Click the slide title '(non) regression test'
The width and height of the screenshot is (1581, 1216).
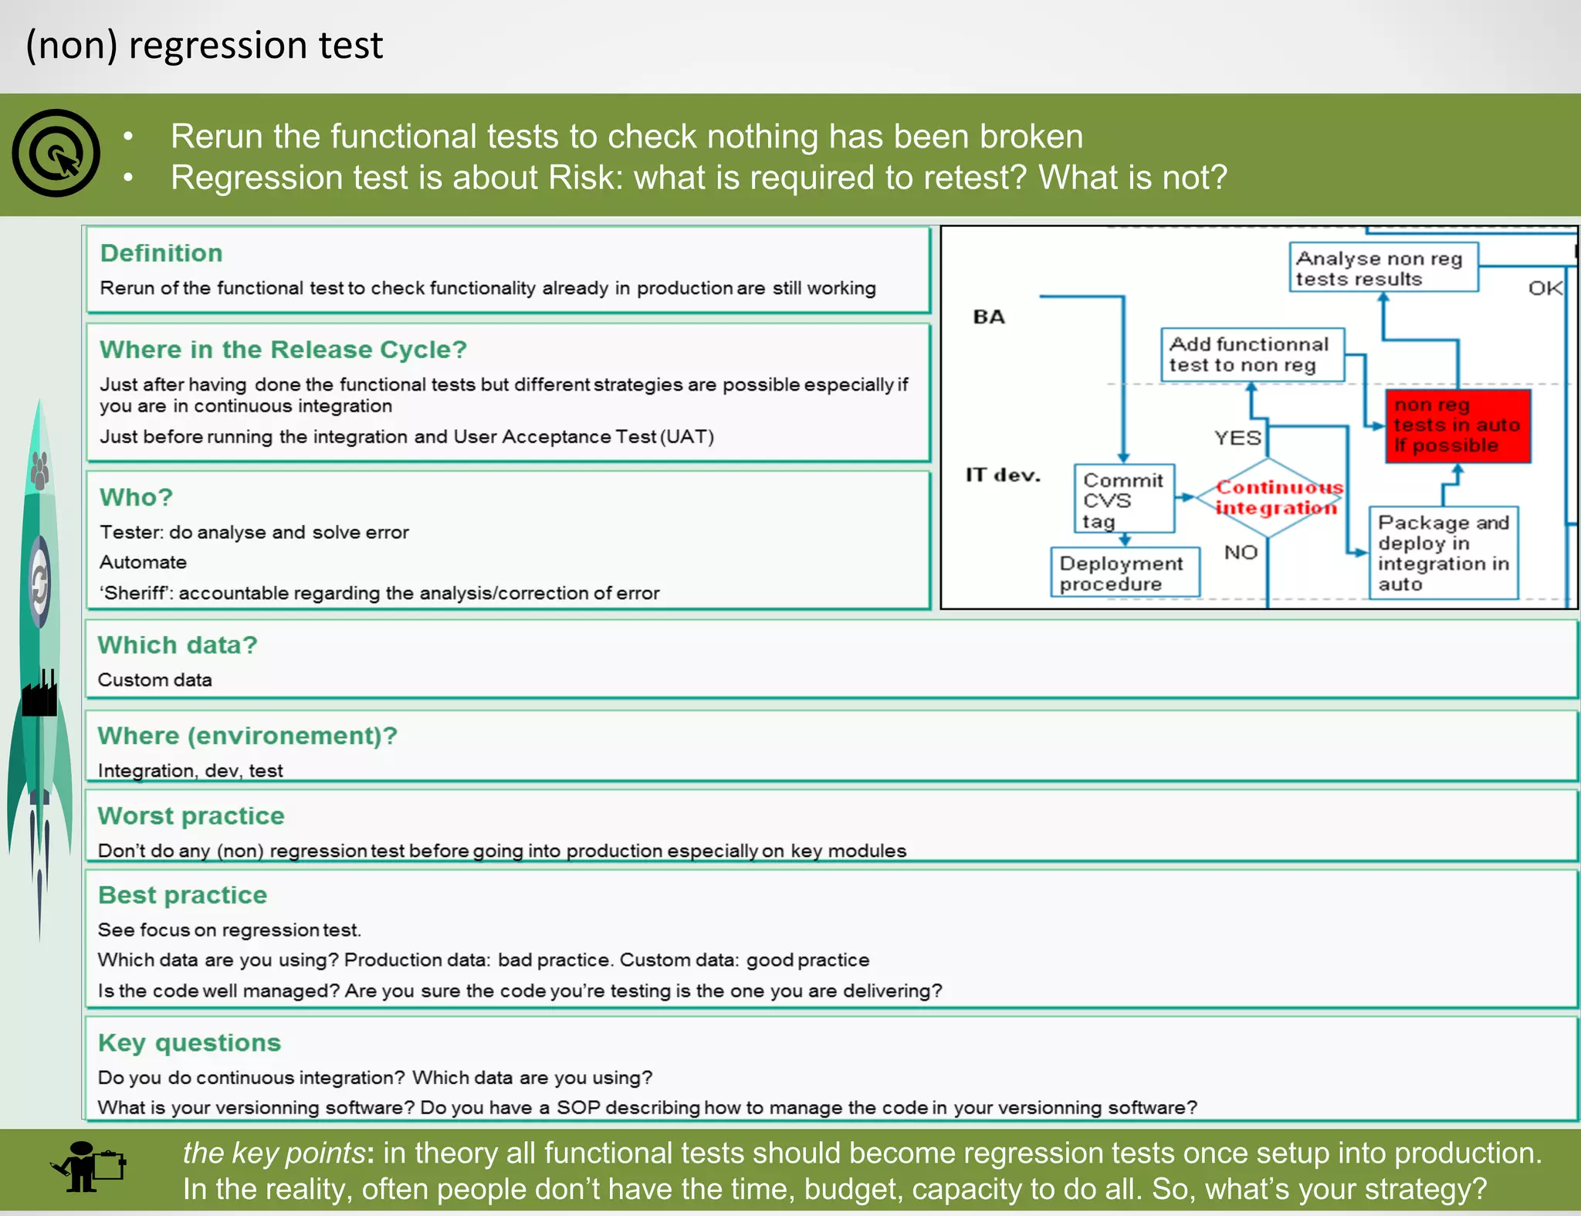coord(204,45)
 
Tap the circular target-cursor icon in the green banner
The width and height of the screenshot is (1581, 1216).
coord(56,153)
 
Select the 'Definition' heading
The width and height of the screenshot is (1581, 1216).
coord(161,253)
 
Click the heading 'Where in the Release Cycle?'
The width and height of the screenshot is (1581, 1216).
coord(283,350)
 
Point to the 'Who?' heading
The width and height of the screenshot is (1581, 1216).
coord(136,497)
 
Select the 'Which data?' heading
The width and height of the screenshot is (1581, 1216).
coord(177,645)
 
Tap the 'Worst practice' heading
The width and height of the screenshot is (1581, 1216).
coord(191,816)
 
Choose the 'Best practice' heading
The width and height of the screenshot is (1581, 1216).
coord(182,895)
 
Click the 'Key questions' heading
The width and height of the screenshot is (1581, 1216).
coord(189,1043)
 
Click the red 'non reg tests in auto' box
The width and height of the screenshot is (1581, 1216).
coord(1457,425)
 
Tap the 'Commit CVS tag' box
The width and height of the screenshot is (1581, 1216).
coord(1123,500)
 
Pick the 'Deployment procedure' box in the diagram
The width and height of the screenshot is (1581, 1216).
coord(1124,573)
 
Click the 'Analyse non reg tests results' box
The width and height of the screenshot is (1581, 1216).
coord(1383,268)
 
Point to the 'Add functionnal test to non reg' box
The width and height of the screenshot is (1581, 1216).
coord(1252,354)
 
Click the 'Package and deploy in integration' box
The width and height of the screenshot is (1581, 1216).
coord(1443,553)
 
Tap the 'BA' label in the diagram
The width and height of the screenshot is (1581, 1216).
coord(989,317)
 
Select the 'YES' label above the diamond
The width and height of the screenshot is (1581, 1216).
coord(1237,438)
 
